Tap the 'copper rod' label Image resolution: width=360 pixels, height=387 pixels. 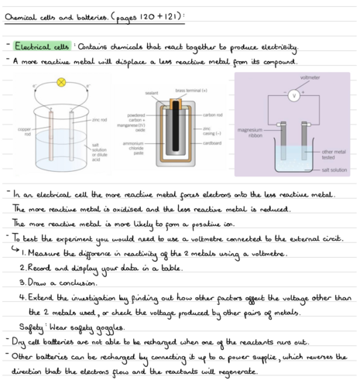24,132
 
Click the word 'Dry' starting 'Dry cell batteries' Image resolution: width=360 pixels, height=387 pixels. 20,343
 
